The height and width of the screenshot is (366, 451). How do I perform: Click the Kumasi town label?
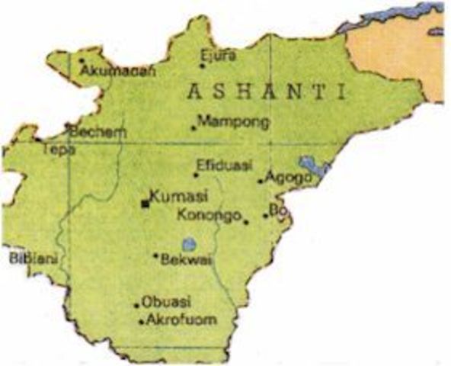tap(178, 197)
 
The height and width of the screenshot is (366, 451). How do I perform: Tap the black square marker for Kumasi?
tap(145, 203)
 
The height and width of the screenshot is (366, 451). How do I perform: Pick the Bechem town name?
tap(98, 132)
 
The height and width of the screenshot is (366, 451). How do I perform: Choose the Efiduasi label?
tap(225, 165)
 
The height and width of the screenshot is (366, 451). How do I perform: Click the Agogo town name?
tap(285, 178)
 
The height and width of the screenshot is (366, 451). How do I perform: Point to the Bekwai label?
tap(187, 260)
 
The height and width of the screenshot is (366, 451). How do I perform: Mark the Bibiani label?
tap(28, 258)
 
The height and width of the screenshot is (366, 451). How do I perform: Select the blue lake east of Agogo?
tap(310, 164)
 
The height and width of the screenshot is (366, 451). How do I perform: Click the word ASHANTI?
tap(266, 92)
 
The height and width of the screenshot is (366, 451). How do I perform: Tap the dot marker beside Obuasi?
tap(138, 305)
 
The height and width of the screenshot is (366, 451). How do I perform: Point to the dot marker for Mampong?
tap(194, 127)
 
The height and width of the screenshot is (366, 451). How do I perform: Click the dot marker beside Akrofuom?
tap(142, 322)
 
